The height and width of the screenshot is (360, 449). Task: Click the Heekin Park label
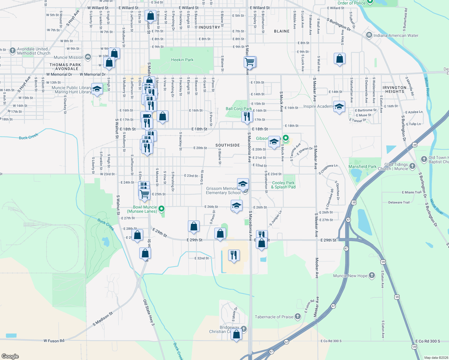point(182,60)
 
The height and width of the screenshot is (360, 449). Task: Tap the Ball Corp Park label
point(239,109)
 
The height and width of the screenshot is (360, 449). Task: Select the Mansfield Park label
point(362,166)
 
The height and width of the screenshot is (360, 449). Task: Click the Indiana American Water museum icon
point(369,35)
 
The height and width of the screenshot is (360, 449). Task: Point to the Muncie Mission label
point(68,57)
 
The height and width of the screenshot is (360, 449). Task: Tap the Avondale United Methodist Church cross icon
point(12,51)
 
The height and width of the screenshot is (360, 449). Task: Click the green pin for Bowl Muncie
point(161,208)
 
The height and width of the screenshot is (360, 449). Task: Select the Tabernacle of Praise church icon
point(298,316)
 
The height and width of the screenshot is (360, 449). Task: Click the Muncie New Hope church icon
point(372,275)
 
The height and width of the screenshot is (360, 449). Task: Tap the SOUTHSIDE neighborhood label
point(228,145)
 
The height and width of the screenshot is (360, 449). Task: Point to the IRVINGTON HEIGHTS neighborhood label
point(394,89)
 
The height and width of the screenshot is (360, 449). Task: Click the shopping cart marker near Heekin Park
point(250,62)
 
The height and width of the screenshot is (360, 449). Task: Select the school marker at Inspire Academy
point(339,107)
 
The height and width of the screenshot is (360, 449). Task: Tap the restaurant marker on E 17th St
point(247,117)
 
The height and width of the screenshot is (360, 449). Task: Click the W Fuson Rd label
point(54,341)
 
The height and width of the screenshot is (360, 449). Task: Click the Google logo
point(10,356)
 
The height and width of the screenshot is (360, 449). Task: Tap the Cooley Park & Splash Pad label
point(283,185)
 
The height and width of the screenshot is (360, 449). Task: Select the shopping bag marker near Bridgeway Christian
point(236,334)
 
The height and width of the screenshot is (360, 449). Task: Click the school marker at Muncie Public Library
point(97,89)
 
